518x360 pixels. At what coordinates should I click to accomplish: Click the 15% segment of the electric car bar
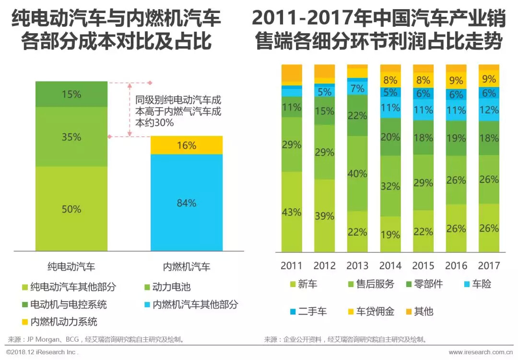click(71, 95)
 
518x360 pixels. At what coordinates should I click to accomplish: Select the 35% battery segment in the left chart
click(71, 137)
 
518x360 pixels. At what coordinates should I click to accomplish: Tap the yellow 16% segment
click(187, 145)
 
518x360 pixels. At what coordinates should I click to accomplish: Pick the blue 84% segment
click(187, 203)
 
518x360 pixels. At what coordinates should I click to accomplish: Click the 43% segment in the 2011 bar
click(292, 212)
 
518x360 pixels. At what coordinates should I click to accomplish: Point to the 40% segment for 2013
click(357, 174)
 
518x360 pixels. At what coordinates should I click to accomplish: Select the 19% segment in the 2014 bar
click(390, 234)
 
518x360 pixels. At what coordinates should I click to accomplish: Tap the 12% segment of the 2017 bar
click(489, 110)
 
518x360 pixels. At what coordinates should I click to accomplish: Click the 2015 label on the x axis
click(423, 265)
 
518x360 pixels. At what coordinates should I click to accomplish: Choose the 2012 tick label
click(325, 265)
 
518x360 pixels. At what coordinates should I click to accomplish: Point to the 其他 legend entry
click(423, 312)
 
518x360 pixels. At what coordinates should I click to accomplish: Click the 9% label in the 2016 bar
click(456, 80)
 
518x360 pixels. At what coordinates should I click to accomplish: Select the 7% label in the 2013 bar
click(357, 88)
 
